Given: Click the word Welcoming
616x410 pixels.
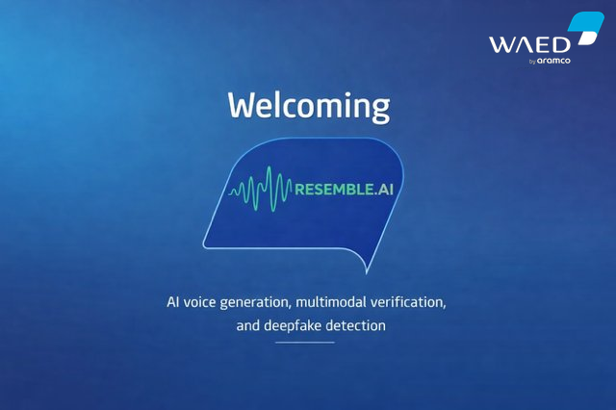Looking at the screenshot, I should coord(308,105).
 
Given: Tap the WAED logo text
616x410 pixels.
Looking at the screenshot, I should coord(527,44).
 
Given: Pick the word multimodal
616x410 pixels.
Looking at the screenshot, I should coord(347,302).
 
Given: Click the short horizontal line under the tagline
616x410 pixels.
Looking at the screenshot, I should coord(304,343).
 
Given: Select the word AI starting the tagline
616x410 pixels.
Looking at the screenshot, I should coord(174,302).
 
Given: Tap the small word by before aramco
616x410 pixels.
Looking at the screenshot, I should coord(531,63).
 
